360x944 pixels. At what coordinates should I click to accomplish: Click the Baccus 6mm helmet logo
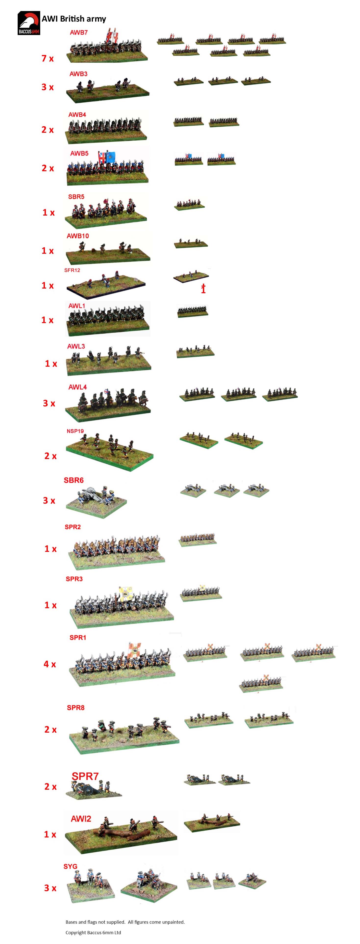click(29, 23)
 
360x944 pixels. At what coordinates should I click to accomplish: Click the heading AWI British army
click(74, 19)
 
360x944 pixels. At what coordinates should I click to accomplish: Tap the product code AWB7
click(79, 32)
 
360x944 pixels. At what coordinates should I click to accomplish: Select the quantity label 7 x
click(48, 58)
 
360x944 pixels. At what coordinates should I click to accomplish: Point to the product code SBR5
click(76, 197)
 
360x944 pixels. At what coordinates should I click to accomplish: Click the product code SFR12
click(72, 270)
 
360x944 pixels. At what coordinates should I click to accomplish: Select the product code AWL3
click(76, 346)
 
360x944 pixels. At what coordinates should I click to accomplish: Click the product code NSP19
click(75, 431)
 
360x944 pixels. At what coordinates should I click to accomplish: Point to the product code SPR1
click(78, 638)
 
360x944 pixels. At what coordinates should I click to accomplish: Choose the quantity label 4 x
click(50, 664)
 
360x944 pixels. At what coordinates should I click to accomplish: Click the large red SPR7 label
click(85, 776)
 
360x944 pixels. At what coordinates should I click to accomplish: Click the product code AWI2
click(81, 819)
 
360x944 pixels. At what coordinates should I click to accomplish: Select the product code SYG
click(70, 866)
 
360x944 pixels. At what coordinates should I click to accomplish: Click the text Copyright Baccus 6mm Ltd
click(93, 932)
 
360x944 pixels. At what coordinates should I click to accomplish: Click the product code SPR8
click(75, 708)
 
